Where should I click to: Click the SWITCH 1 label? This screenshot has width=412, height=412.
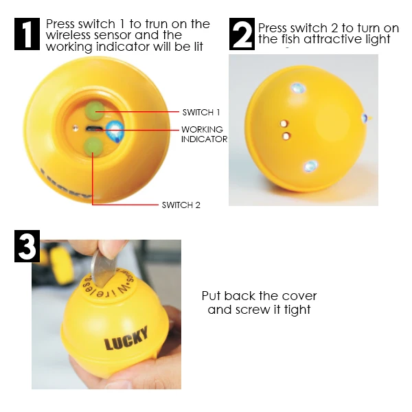pyautogui.click(x=201, y=112)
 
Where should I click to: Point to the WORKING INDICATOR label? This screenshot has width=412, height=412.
pyautogui.click(x=204, y=134)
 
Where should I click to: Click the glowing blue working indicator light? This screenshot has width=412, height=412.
pyautogui.click(x=115, y=128)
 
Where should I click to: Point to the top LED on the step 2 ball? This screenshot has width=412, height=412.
pyautogui.click(x=297, y=88)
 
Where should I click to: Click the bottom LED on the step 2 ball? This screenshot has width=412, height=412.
pyautogui.click(x=310, y=165)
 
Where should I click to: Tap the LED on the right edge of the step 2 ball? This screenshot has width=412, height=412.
pyautogui.click(x=365, y=118)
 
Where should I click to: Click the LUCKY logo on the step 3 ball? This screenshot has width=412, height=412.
pyautogui.click(x=126, y=339)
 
